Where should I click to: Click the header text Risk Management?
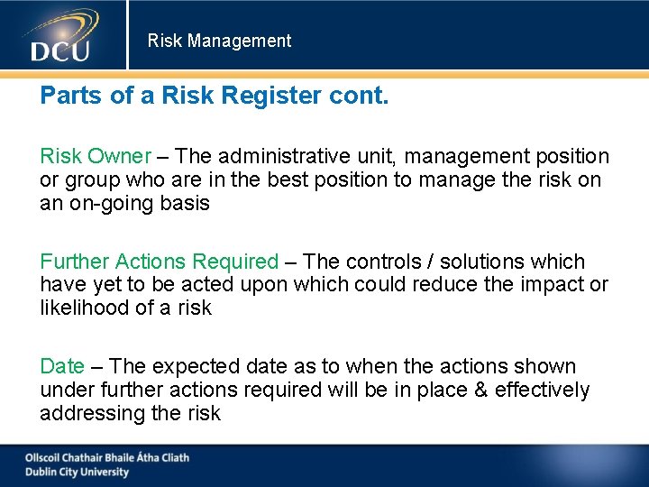click(219, 41)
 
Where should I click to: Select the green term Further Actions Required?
click(159, 262)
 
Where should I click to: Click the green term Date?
click(61, 366)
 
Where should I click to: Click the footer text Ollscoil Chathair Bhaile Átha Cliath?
click(106, 457)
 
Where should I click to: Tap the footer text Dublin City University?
click(77, 472)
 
